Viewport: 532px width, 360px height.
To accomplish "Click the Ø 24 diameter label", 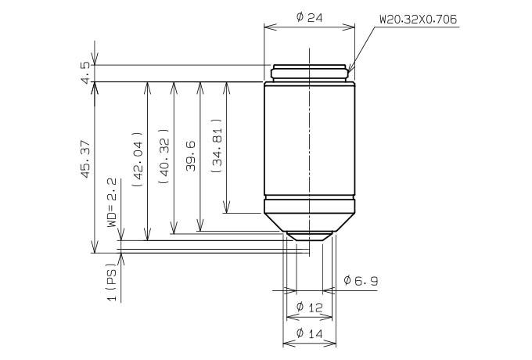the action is click(309, 17).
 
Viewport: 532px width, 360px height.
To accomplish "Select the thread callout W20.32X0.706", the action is click(419, 20).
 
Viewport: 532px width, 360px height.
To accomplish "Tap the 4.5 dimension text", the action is click(85, 73).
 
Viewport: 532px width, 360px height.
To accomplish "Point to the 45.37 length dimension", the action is click(85, 159).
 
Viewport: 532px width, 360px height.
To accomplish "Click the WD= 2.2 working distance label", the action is click(112, 203).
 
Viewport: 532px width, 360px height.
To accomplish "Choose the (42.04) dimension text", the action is click(138, 159).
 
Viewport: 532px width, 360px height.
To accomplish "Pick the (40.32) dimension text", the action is click(164, 157).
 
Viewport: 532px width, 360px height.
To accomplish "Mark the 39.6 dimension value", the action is click(191, 156).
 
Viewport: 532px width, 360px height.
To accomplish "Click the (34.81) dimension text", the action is click(217, 146).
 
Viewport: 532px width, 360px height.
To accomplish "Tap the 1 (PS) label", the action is click(112, 283).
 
